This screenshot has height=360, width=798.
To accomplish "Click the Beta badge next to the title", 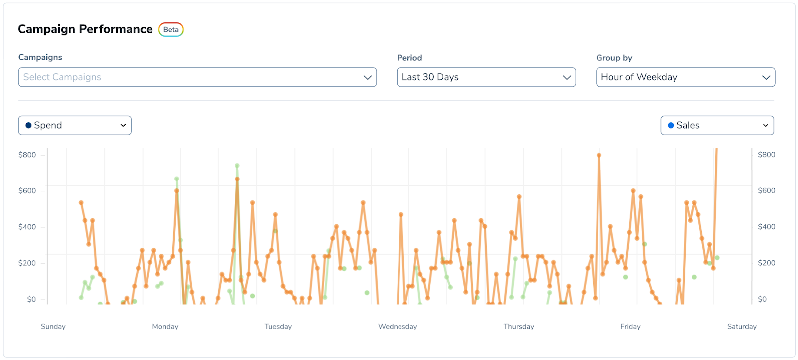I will click(171, 30).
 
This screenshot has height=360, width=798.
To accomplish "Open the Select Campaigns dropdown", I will click(197, 77).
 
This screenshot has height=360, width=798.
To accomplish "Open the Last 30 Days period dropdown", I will click(486, 77).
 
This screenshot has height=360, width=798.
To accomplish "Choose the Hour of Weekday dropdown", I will click(685, 77).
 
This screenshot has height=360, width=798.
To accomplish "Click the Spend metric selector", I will click(75, 125).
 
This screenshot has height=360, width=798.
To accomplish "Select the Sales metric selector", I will click(717, 125).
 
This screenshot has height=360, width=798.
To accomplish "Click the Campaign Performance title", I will click(85, 29).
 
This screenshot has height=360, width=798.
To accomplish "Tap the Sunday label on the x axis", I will click(53, 326).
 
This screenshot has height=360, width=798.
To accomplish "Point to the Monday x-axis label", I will click(165, 326).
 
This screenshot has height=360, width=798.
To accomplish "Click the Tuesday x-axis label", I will click(278, 326).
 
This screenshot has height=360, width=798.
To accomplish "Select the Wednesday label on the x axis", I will click(398, 326).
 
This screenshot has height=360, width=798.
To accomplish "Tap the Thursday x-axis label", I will click(519, 326).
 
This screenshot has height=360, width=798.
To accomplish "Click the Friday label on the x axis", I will click(630, 326).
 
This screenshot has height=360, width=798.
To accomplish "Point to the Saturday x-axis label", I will click(742, 326).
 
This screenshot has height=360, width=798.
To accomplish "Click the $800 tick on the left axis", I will click(27, 155).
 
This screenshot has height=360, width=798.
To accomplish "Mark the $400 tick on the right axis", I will click(766, 227).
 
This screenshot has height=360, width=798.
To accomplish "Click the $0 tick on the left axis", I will click(31, 299).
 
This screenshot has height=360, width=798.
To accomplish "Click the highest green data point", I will click(237, 166).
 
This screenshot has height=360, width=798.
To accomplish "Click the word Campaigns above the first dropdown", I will click(40, 57).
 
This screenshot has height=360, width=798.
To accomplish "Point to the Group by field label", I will click(614, 58).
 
